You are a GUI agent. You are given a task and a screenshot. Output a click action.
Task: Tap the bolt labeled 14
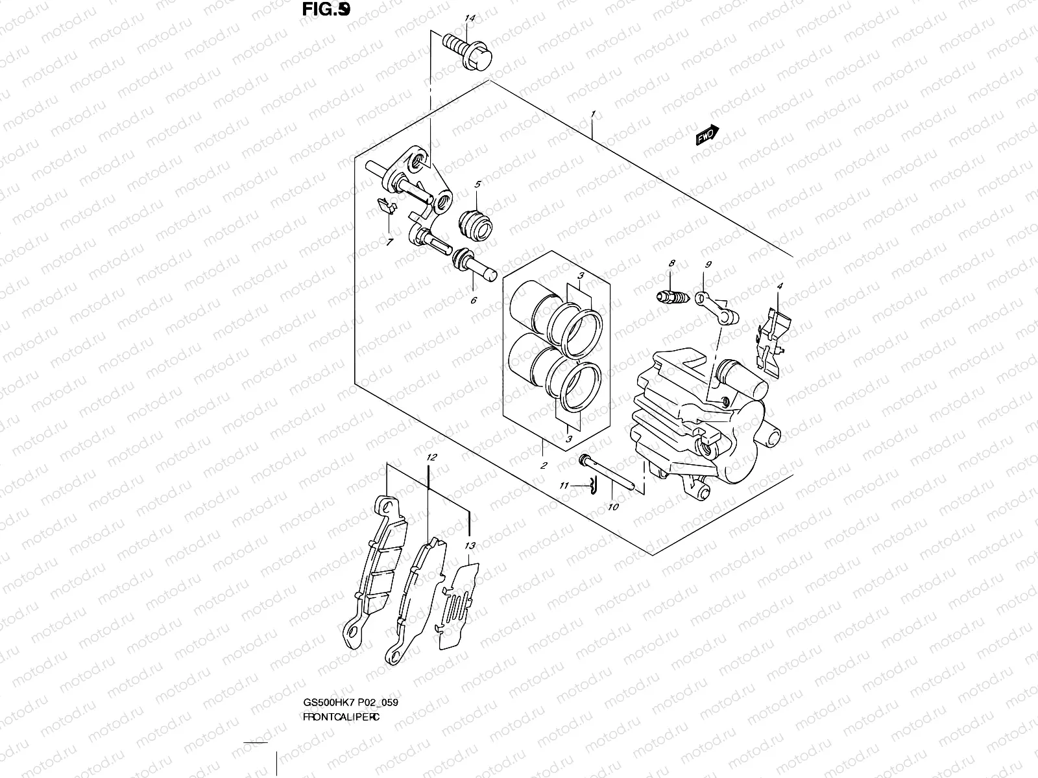tap(467, 51)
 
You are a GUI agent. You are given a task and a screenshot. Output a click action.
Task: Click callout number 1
tap(593, 114)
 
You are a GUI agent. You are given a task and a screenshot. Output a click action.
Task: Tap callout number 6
tap(474, 300)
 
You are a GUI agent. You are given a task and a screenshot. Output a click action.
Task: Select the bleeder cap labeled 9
tap(717, 307)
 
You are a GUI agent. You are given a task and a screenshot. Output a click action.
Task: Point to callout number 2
tap(543, 465)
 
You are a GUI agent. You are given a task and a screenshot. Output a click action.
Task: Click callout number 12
tap(431, 457)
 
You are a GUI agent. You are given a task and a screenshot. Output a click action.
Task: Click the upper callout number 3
tap(582, 276)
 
